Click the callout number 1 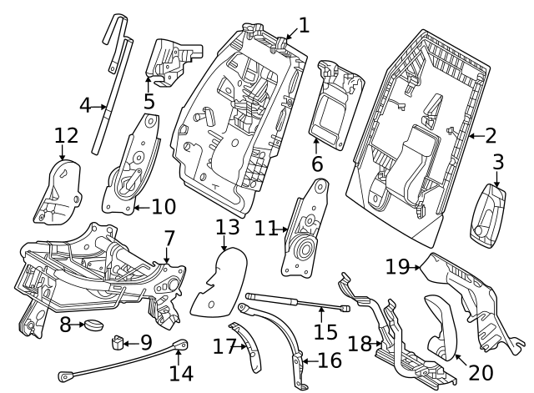tap(304, 25)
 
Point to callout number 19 tap(398, 266)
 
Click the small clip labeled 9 tap(118, 342)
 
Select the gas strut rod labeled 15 tap(284, 302)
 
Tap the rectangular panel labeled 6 tap(335, 108)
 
